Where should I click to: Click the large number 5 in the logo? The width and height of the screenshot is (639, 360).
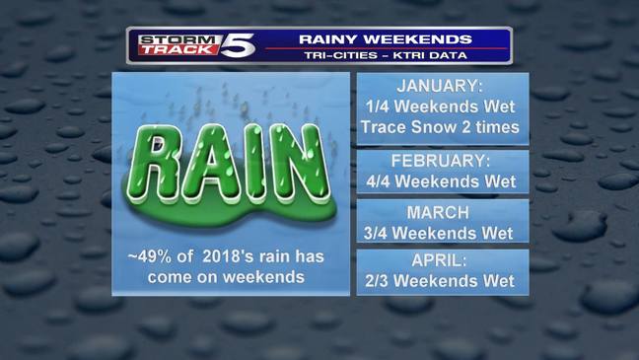coord(240,44)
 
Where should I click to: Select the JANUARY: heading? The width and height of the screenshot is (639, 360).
coord(442,86)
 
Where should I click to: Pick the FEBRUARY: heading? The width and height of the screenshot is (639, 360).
coord(442,160)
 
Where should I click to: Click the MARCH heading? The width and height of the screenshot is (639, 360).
coord(442,212)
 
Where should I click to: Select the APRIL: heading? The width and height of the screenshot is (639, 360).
coord(442,260)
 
